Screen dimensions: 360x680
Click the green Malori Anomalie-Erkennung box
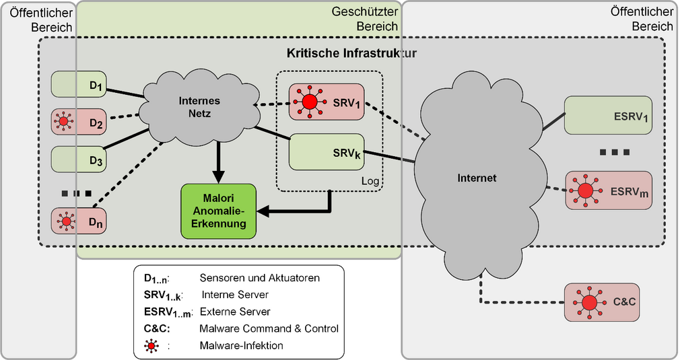tap(218, 210)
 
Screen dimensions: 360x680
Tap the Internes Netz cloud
tap(199, 108)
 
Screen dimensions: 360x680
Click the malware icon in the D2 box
tap(65, 122)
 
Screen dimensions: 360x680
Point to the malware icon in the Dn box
tap(65, 220)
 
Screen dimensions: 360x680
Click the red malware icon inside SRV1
tap(309, 102)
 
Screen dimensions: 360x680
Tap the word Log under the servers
tap(371, 182)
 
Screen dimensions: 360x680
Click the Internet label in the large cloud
tap(477, 178)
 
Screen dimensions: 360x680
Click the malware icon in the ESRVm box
tap(585, 190)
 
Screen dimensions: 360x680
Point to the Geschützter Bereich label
tap(364, 19)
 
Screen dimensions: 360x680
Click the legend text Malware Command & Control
tap(269, 328)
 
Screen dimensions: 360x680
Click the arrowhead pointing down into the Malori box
tap(218, 177)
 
